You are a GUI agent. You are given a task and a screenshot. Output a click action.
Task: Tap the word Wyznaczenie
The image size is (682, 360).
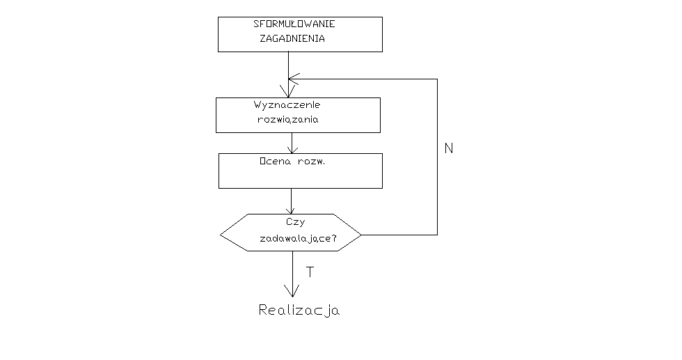pyautogui.click(x=287, y=105)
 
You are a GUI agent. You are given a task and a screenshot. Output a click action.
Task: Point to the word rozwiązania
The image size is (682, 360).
pyautogui.click(x=288, y=120)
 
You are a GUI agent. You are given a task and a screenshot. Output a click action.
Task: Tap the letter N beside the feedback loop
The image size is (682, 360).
pyautogui.click(x=448, y=148)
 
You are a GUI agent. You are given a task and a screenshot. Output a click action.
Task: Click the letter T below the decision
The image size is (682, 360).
pyautogui.click(x=310, y=272)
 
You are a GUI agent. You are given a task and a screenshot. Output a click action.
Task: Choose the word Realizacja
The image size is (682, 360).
pyautogui.click(x=299, y=310)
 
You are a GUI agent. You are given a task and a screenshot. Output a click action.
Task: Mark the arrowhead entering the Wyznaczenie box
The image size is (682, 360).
pyautogui.click(x=288, y=93)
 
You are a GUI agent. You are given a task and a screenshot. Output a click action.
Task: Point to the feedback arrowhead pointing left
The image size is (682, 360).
pyautogui.click(x=292, y=78)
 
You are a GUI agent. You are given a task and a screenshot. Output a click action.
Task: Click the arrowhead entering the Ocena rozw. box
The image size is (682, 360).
pyautogui.click(x=292, y=149)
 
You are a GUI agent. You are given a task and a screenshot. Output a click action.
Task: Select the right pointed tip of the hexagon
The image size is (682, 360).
pyautogui.click(x=361, y=234)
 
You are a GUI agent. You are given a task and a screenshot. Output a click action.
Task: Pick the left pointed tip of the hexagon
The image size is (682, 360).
pyautogui.click(x=221, y=233)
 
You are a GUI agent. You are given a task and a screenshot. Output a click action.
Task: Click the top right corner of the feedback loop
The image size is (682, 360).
pyautogui.click(x=437, y=79)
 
